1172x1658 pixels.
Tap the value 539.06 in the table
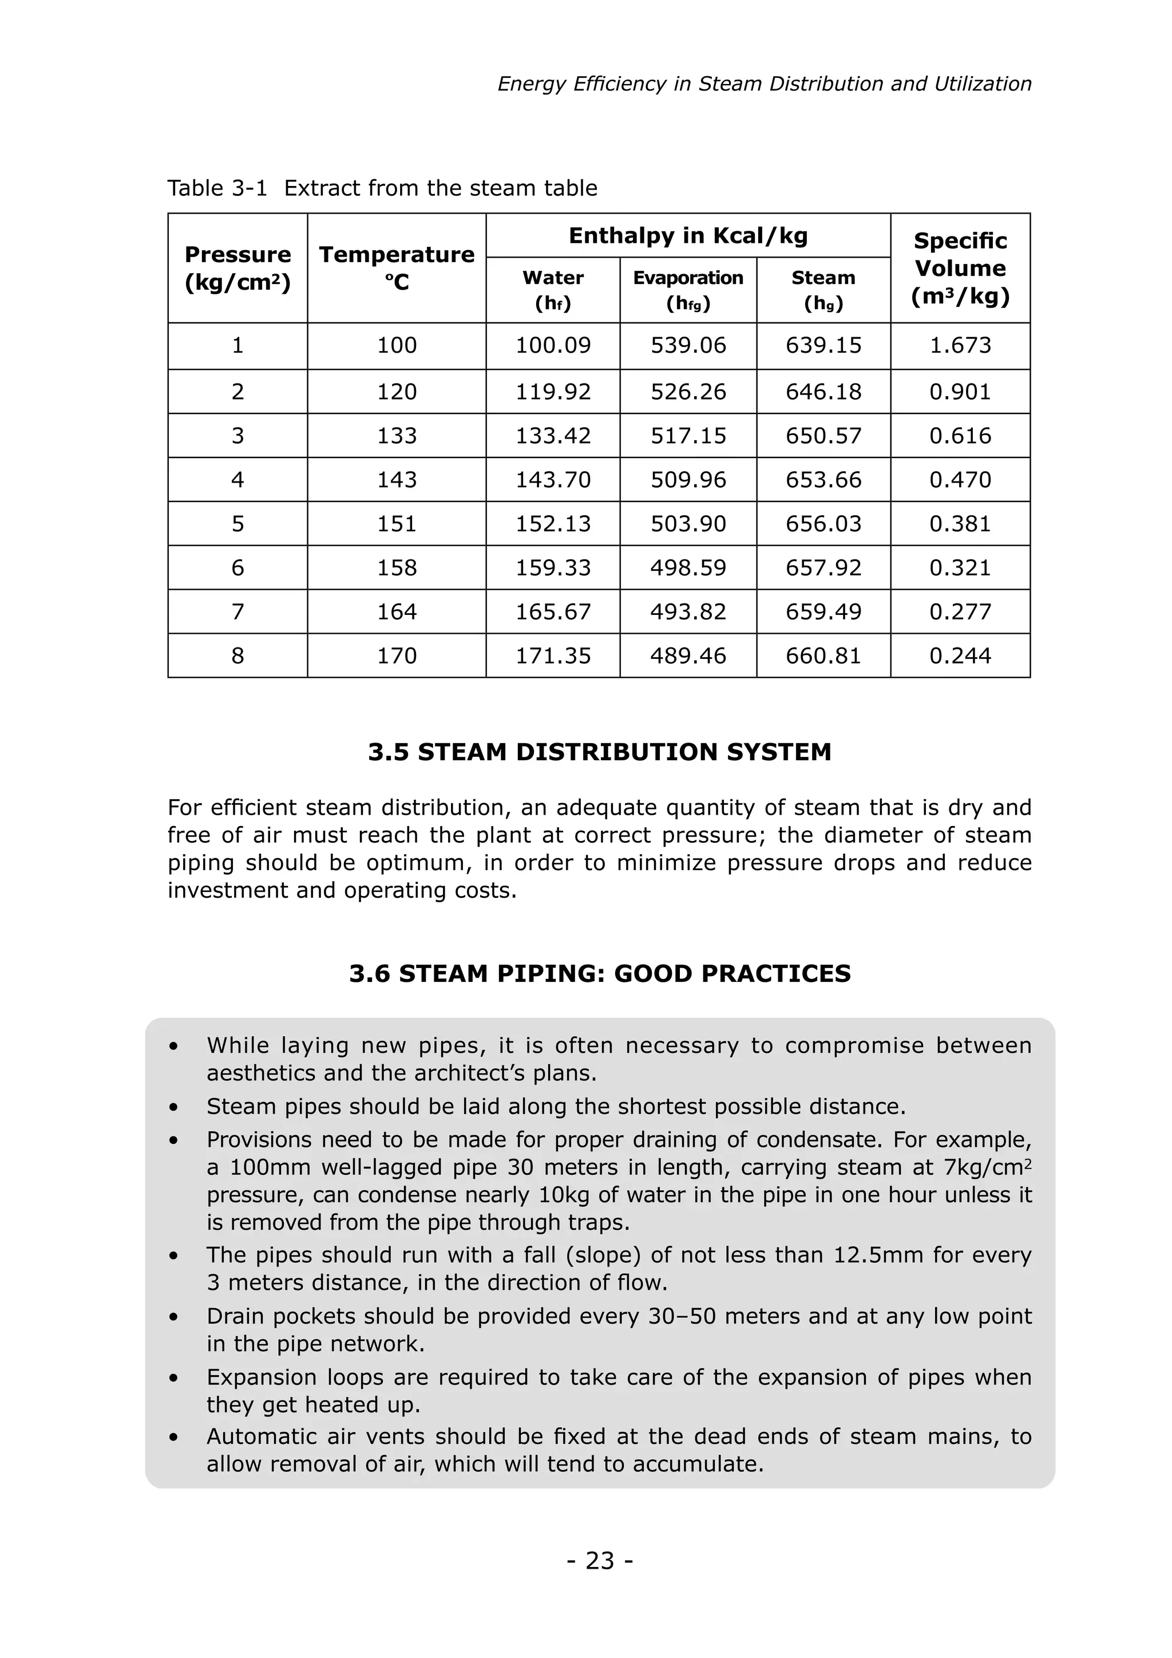click(688, 345)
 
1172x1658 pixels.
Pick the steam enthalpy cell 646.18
click(823, 392)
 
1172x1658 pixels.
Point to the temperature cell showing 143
click(397, 480)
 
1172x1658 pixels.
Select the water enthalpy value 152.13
click(553, 523)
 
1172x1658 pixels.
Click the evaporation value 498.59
click(688, 567)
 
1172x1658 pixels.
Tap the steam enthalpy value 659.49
click(823, 611)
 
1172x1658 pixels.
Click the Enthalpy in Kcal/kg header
click(688, 235)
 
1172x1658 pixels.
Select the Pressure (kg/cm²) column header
click(237, 268)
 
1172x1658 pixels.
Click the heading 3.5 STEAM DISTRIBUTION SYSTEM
click(600, 752)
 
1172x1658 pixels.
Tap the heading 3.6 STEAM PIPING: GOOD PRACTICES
click(600, 973)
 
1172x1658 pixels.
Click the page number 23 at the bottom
click(600, 1561)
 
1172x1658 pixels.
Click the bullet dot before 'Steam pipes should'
click(173, 1108)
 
